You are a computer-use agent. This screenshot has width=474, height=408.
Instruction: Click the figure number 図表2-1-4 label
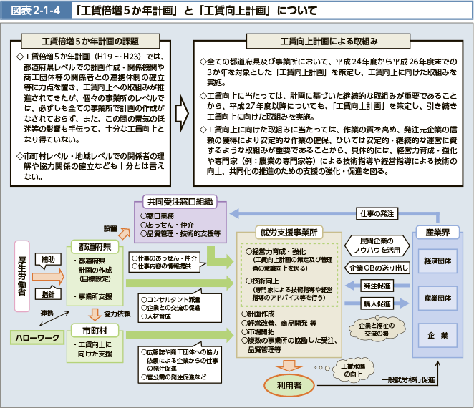(x=36, y=11)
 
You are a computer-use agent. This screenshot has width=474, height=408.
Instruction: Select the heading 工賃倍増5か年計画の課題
(x=90, y=41)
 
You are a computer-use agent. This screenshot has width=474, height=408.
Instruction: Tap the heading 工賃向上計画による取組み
(x=329, y=41)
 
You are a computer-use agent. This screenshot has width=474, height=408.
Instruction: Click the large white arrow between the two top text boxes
(x=182, y=113)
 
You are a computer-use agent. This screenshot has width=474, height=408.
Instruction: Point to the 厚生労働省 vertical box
(x=22, y=276)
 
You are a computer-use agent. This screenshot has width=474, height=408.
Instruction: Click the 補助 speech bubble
(x=48, y=260)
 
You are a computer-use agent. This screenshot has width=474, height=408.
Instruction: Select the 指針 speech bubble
(x=48, y=293)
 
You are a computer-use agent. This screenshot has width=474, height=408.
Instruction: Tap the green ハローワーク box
(x=37, y=338)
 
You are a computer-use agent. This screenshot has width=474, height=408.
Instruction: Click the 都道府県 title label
(x=95, y=247)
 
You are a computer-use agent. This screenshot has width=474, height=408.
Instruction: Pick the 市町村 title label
(x=95, y=331)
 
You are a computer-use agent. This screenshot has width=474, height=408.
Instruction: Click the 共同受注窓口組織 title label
(x=180, y=202)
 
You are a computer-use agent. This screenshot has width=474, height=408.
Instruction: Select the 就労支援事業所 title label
(x=289, y=233)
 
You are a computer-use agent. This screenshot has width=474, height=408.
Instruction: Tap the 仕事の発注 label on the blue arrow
(x=377, y=214)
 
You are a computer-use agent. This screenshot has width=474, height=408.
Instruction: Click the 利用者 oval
(x=289, y=385)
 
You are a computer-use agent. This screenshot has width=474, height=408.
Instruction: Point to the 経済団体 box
(x=437, y=261)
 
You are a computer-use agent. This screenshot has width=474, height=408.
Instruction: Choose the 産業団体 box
(x=437, y=298)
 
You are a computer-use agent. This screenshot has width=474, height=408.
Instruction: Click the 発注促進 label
(x=377, y=286)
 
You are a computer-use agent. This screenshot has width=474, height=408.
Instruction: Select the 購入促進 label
(x=377, y=303)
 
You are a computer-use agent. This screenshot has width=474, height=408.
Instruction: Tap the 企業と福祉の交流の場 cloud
(x=377, y=329)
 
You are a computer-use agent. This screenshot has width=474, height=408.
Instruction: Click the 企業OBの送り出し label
(x=379, y=268)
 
